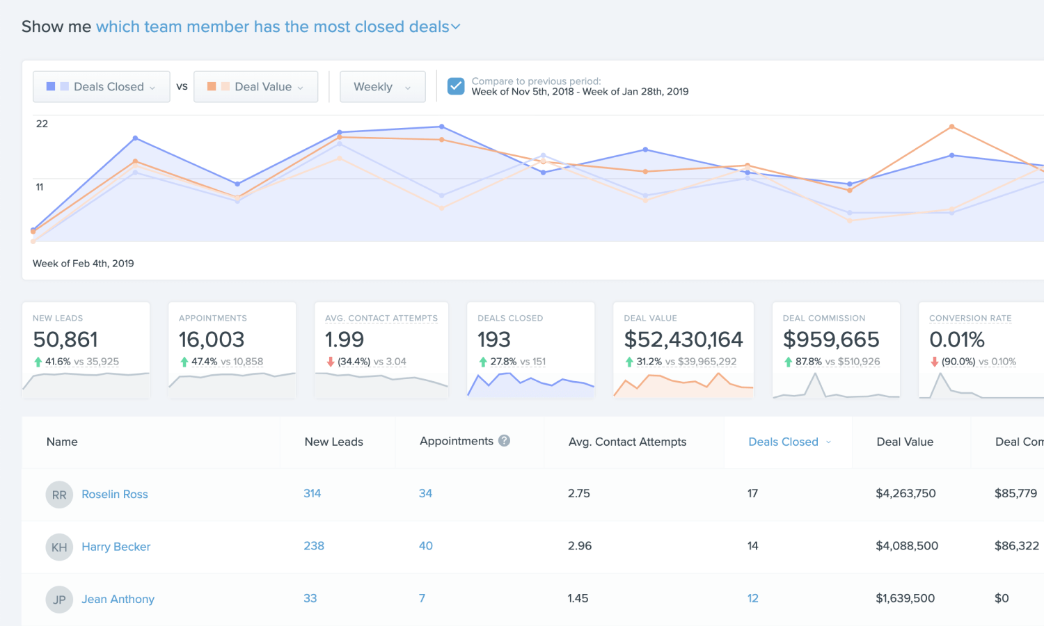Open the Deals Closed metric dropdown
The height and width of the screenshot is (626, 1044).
tap(102, 87)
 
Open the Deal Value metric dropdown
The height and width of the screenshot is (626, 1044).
tap(255, 87)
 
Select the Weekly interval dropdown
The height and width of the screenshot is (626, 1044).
tap(382, 87)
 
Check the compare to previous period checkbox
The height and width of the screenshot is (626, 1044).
tap(456, 86)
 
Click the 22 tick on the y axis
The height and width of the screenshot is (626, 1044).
tap(42, 124)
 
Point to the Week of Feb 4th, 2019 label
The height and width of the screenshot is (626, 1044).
tap(84, 264)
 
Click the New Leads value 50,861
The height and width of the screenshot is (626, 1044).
tap(65, 339)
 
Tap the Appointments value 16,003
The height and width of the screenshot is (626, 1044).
tap(212, 339)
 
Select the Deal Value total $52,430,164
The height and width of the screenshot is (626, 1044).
tap(683, 339)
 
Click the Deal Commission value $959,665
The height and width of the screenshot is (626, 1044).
tap(831, 339)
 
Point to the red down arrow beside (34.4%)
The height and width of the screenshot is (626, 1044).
tap(331, 362)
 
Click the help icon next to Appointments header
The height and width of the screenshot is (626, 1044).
tap(505, 440)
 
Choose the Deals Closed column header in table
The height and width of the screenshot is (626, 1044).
tap(783, 442)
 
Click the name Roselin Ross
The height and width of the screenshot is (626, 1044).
tap(115, 495)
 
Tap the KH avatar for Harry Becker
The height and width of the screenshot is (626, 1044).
tap(59, 547)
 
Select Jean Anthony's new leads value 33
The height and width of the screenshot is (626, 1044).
tap(310, 598)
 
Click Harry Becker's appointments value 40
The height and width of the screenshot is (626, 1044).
tap(426, 546)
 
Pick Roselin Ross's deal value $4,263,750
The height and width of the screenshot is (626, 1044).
tap(905, 493)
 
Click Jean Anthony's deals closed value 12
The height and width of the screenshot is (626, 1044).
tap(753, 598)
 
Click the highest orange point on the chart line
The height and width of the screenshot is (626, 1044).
tap(951, 127)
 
